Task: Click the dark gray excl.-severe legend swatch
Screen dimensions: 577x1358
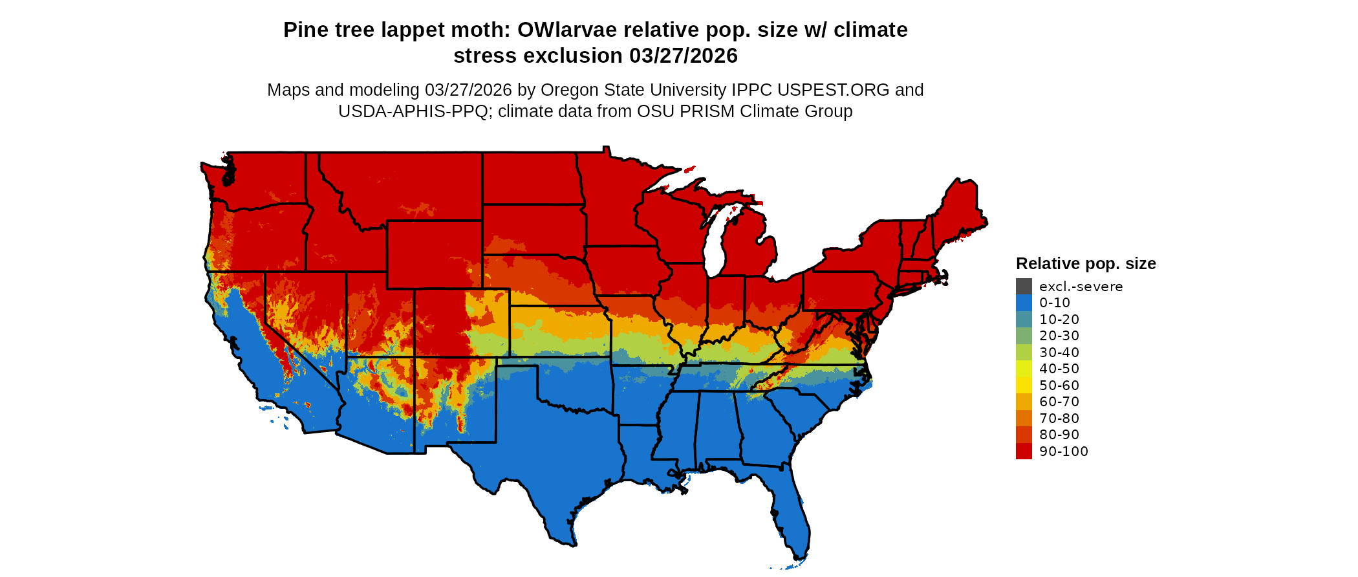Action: (1024, 287)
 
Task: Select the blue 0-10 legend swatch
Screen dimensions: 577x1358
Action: (1024, 303)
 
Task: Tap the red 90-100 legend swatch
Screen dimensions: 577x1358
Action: (1024, 452)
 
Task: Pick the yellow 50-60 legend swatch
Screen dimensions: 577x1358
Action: (1024, 386)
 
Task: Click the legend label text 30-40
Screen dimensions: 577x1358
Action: (1059, 353)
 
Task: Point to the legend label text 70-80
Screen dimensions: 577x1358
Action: (1059, 419)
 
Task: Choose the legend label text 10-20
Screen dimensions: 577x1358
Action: (1059, 320)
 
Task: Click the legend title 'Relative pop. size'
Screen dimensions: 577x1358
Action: (1086, 264)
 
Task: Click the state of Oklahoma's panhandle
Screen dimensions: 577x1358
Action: (517, 362)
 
